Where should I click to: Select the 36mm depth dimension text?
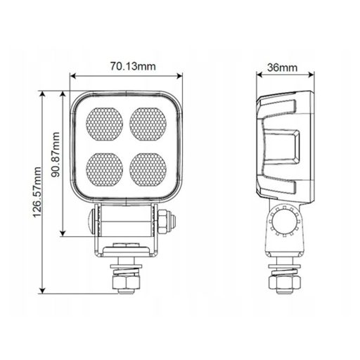point(282,67)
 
